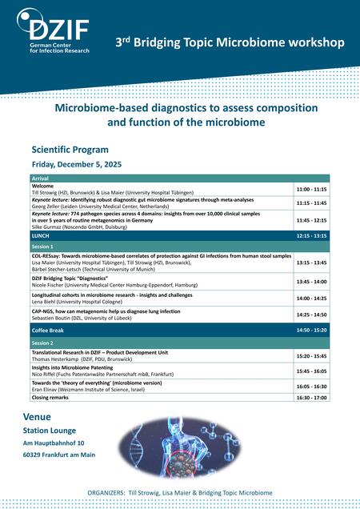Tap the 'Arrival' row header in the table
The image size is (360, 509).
pyautogui.click(x=41, y=178)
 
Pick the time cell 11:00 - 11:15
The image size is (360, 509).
pyautogui.click(x=312, y=189)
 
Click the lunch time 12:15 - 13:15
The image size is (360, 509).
pyautogui.click(x=312, y=237)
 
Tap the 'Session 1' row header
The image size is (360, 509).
pyautogui.click(x=43, y=247)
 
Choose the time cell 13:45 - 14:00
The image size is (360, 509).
pyautogui.click(x=312, y=282)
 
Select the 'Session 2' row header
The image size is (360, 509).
pyautogui.click(x=43, y=342)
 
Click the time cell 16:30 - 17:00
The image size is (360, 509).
pyautogui.click(x=312, y=397)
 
